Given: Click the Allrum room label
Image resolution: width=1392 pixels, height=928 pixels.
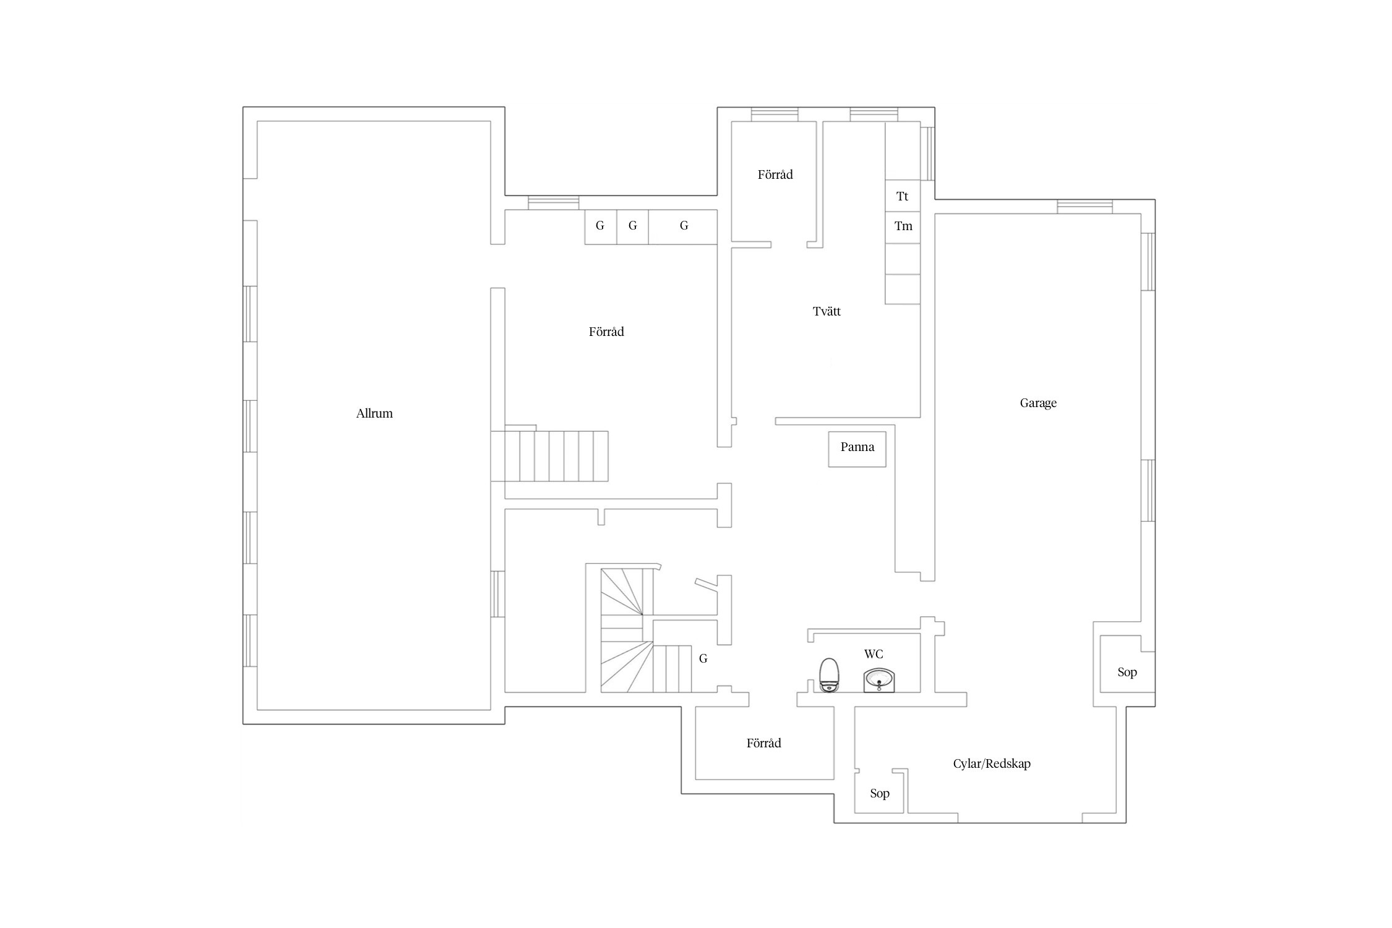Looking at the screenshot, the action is click(374, 413).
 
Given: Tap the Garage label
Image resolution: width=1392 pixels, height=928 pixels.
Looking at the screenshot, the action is click(1038, 403).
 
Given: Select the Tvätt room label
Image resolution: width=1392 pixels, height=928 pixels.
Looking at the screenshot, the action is click(827, 311).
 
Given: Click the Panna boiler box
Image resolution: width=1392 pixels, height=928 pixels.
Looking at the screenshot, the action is click(857, 449).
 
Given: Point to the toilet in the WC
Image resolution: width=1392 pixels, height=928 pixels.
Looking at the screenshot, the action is click(829, 674).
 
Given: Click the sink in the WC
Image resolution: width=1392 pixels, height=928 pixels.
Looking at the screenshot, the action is click(879, 680).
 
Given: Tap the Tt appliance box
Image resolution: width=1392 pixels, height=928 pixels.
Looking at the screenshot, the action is click(902, 196).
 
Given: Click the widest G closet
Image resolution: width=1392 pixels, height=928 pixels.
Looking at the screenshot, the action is click(683, 226).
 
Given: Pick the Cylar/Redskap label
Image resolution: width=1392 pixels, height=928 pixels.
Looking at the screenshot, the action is click(992, 763).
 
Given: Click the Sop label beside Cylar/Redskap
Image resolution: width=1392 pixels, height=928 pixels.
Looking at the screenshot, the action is click(880, 793).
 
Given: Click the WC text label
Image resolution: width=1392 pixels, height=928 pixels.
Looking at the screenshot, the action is click(874, 654).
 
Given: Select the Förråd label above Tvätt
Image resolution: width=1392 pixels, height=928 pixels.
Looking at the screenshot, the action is click(775, 174).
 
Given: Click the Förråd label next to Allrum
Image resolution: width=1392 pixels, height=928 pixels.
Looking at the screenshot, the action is click(606, 332).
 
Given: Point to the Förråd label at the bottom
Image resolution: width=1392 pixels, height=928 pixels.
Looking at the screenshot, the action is click(763, 743).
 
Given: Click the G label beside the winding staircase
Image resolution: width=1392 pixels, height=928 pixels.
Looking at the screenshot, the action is click(703, 659).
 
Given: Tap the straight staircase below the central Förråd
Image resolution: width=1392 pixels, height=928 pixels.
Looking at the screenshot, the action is click(550, 456).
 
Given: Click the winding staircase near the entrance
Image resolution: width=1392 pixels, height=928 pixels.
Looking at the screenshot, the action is click(637, 631).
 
